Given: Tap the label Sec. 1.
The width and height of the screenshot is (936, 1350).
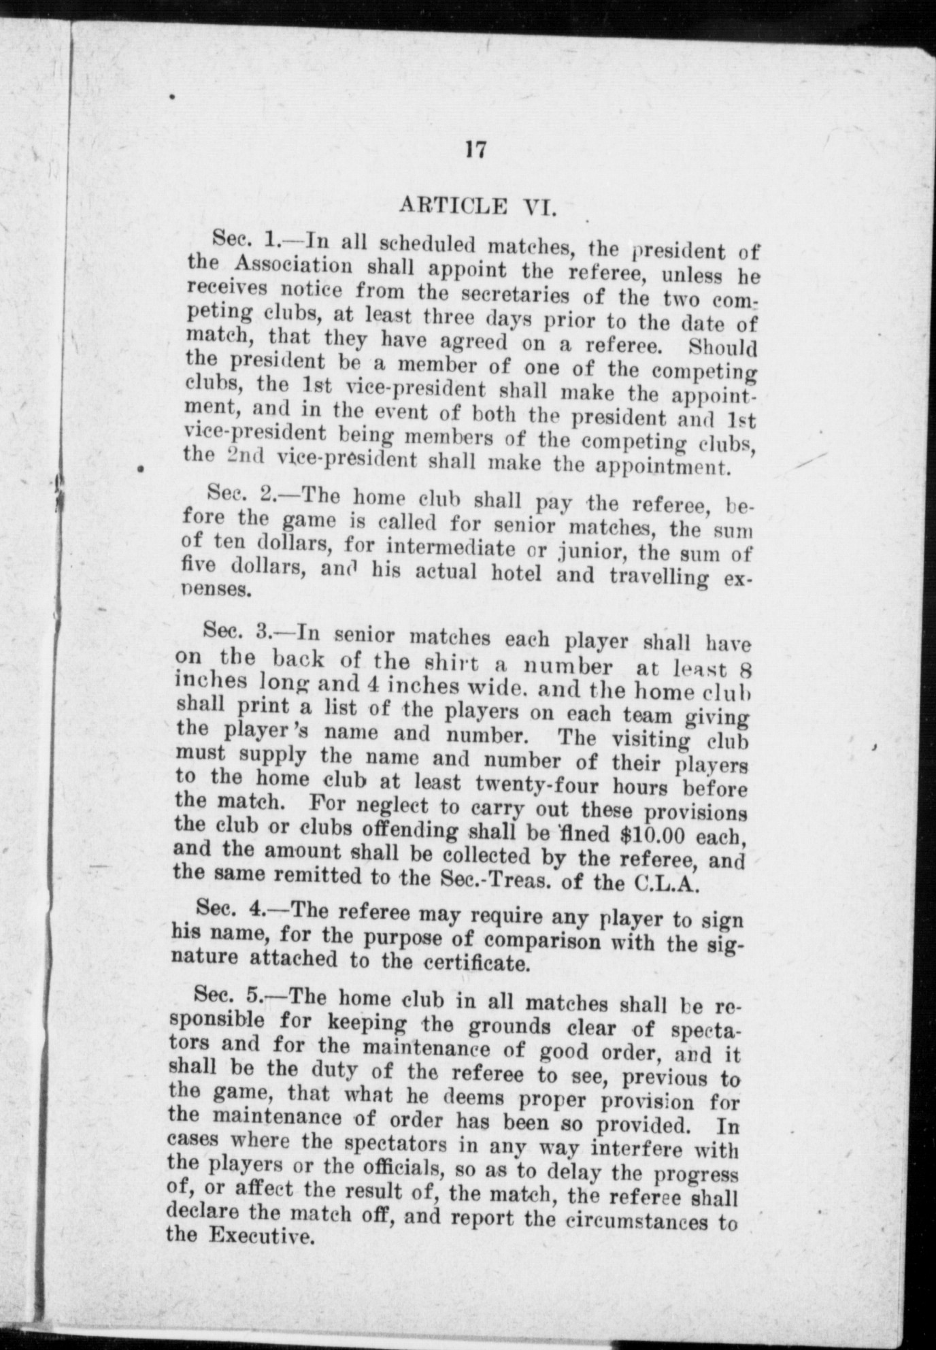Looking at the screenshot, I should coord(242,238).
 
